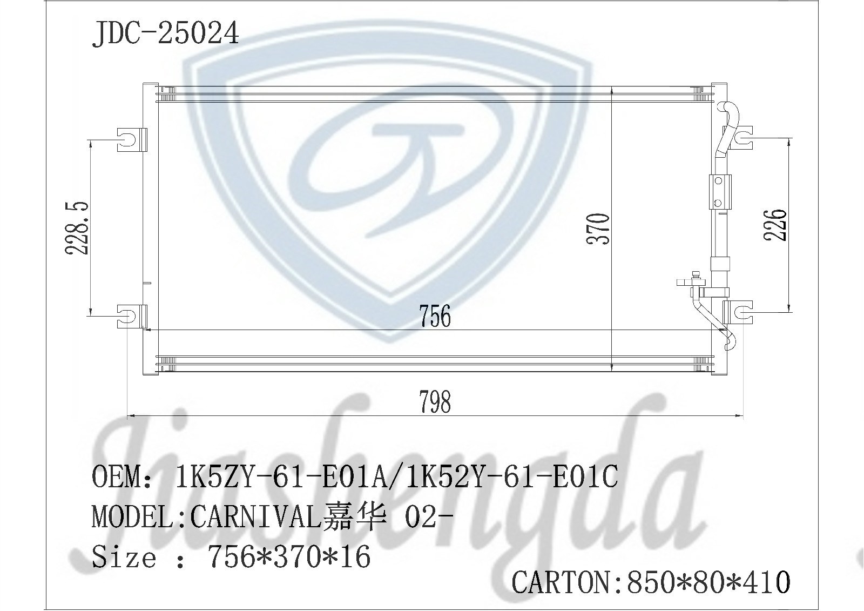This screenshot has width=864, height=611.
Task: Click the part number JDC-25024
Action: [x=165, y=34]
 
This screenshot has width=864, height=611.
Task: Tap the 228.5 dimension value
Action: [x=78, y=228]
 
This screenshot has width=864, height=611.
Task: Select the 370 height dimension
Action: [x=598, y=229]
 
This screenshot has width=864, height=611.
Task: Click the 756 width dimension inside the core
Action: [x=435, y=315]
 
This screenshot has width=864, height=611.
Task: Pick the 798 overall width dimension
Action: [x=435, y=402]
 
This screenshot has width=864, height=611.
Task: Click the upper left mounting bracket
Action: [x=132, y=139]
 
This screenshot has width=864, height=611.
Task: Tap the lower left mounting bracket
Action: [x=132, y=316]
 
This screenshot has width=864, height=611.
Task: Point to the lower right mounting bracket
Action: [x=738, y=312]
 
